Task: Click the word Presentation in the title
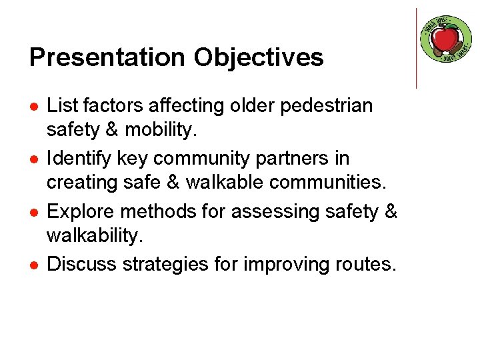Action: point(107,57)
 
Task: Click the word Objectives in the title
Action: point(259,57)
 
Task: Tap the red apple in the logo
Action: point(446,39)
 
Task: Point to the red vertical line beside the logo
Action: point(416,48)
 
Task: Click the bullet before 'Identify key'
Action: point(33,159)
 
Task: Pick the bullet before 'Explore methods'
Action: point(33,212)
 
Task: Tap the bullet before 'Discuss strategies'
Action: point(33,265)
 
